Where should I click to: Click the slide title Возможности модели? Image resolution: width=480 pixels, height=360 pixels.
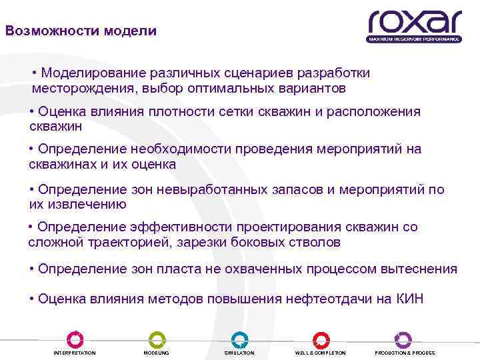pyautogui.click(x=81, y=31)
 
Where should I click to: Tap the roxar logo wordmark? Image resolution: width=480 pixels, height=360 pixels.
pyautogui.click(x=414, y=22)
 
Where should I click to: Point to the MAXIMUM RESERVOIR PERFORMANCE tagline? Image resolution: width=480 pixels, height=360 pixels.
pyautogui.click(x=414, y=39)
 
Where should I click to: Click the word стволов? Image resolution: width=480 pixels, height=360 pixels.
pyautogui.click(x=317, y=243)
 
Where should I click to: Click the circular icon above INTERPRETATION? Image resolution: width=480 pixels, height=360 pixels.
pyautogui.click(x=74, y=339)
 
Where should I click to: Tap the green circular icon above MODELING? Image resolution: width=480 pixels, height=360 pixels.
pyautogui.click(x=156, y=339)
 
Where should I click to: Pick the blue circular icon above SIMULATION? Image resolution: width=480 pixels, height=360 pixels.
pyautogui.click(x=239, y=339)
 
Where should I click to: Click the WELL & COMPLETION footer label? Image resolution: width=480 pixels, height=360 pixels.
pyautogui.click(x=321, y=353)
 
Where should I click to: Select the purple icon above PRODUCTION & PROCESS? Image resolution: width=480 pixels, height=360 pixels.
pyautogui.click(x=403, y=339)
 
